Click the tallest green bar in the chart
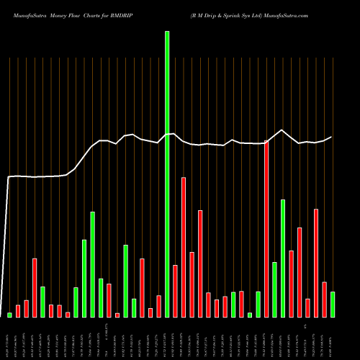click(167, 174)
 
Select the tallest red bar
click(266, 229)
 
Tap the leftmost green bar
click(10, 315)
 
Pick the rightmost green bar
click(333, 304)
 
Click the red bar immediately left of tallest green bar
click(158, 306)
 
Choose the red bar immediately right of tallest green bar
click(175, 291)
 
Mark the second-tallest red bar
click(184, 247)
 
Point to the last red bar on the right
click(324, 299)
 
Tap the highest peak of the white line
click(282, 130)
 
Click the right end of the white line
click(332, 137)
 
